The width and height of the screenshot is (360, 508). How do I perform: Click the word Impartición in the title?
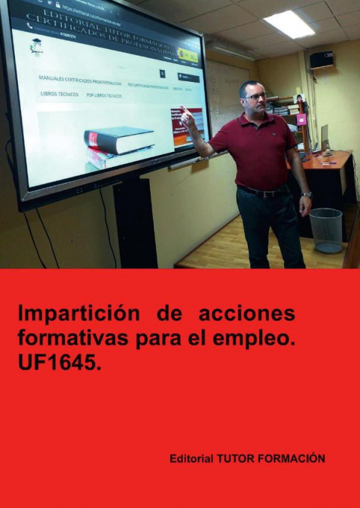tap(76, 313)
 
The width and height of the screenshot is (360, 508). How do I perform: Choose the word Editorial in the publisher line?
tap(191, 458)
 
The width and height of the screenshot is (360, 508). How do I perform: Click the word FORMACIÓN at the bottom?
tap(293, 458)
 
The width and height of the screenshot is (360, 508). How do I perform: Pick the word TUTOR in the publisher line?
tap(235, 458)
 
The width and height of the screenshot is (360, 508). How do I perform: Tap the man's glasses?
tap(256, 96)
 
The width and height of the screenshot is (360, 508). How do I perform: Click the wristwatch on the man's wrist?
tap(307, 195)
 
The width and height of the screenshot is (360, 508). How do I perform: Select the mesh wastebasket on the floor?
tap(326, 230)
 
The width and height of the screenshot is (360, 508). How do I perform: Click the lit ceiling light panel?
tap(288, 24)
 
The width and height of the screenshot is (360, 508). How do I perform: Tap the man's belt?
tap(263, 191)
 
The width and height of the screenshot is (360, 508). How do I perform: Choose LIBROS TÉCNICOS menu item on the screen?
tap(59, 94)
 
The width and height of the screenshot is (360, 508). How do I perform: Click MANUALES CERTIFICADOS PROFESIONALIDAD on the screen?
tap(81, 78)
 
